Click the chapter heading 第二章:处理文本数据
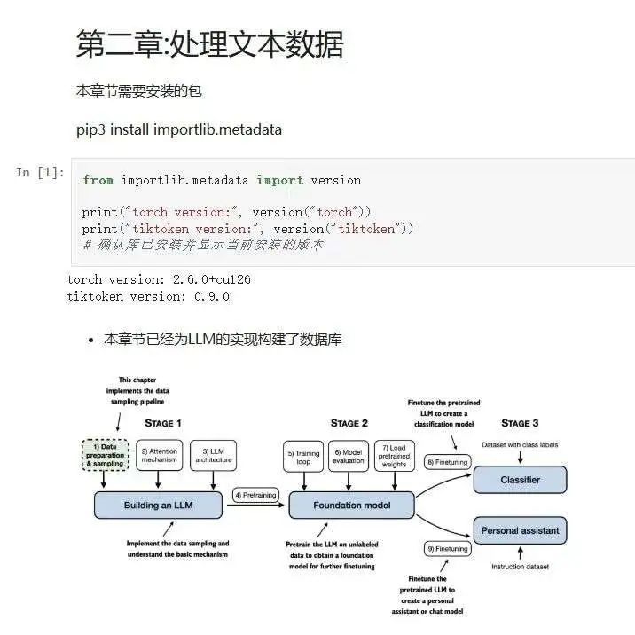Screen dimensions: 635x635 [209, 44]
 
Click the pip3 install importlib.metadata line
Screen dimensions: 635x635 [179, 129]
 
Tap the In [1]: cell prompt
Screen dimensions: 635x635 [40, 172]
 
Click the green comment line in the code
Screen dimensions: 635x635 [203, 244]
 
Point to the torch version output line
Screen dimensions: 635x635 [159, 279]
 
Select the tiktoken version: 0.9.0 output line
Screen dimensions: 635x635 [148, 296]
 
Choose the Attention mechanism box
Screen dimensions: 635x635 [159, 455]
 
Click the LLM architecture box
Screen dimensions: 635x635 [214, 455]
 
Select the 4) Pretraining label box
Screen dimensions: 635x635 [255, 494]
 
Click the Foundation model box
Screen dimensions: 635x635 [352, 506]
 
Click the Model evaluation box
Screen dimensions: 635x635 [349, 456]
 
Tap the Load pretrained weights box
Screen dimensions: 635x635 [395, 456]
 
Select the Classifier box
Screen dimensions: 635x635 [520, 480]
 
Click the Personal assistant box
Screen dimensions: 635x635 [520, 530]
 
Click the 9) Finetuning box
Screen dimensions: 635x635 [448, 549]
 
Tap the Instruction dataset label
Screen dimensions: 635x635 [520, 567]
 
